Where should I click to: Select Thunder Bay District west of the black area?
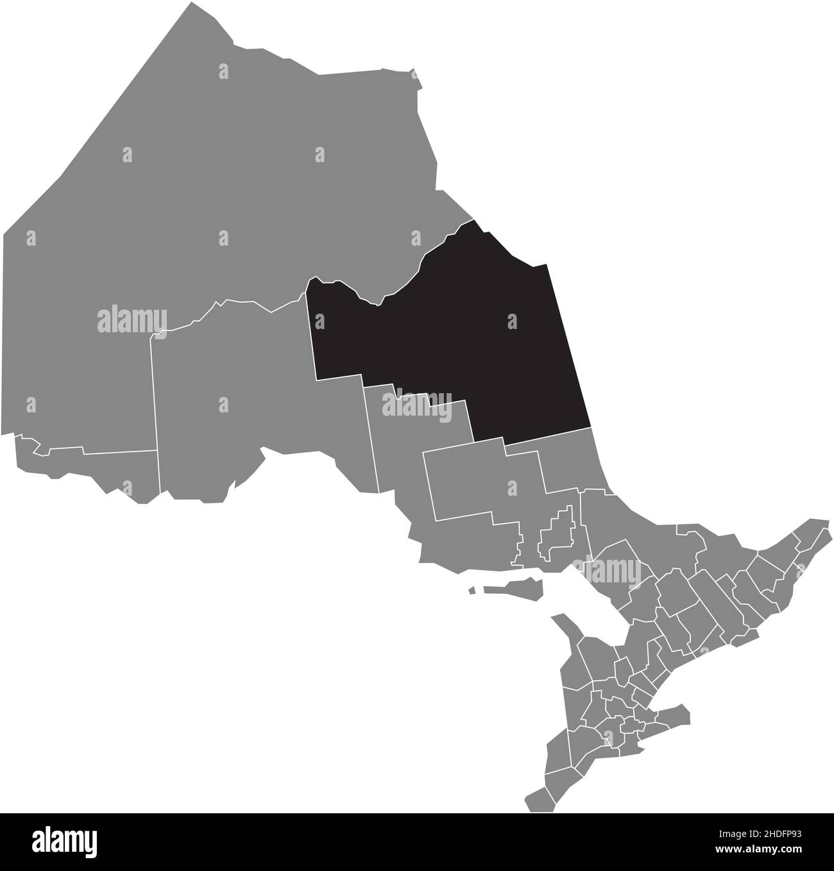click(x=244, y=398)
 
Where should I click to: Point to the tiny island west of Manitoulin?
click(x=472, y=591)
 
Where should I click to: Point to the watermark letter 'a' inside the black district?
click(x=511, y=321)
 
